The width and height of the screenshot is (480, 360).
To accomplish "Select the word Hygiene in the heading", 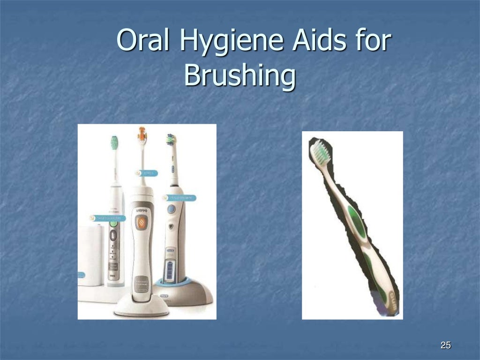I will (x=231, y=42).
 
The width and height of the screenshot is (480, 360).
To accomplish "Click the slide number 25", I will (x=445, y=346).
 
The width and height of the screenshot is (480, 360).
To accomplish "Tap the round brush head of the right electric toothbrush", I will (x=171, y=139).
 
